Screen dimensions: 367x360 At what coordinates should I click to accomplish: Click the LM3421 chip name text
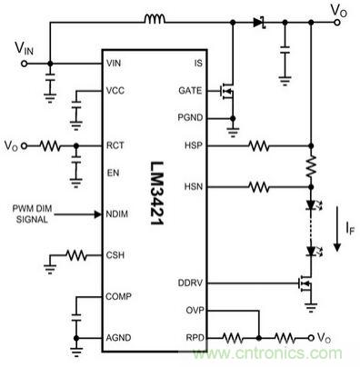pos(154,194)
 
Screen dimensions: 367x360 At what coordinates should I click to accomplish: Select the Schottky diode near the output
pos(257,19)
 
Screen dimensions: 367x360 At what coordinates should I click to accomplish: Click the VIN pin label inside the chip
pos(115,63)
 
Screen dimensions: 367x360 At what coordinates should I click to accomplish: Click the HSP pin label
pos(192,144)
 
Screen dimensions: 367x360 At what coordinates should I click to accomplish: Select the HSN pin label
pos(192,187)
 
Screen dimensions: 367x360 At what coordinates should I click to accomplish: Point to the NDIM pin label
pos(117,214)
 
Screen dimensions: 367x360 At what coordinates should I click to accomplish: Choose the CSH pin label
pos(115,255)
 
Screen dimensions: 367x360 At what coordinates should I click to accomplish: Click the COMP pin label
pos(117,297)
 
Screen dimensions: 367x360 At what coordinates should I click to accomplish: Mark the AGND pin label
pos(117,336)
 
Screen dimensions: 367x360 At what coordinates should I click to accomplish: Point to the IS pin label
pos(197,63)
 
